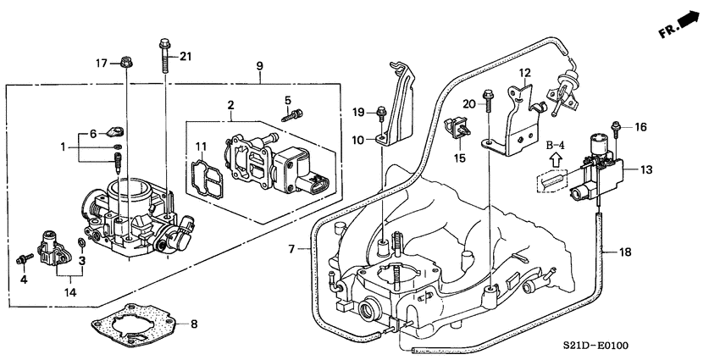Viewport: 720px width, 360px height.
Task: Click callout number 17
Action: (101, 63)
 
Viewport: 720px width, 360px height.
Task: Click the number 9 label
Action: (259, 66)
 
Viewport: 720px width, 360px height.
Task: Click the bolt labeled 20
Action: (488, 101)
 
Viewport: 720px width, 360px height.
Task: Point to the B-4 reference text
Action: (555, 147)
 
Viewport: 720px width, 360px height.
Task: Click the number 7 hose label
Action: (291, 249)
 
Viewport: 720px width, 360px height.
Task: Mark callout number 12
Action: (524, 73)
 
